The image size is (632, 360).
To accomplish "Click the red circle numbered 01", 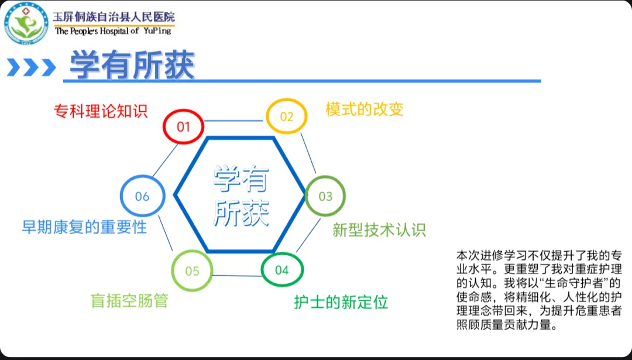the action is [184, 126].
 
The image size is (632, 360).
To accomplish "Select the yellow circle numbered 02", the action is [286, 116].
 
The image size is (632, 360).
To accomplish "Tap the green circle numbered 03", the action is [325, 196].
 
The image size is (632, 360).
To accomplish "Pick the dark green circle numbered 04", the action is [281, 270].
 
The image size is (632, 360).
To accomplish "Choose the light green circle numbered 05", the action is [192, 271].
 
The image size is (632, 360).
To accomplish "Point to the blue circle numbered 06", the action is [142, 196].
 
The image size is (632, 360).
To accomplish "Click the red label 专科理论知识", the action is [101, 111].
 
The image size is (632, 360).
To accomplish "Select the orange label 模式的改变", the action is [365, 109].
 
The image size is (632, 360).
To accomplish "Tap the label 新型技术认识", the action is [379, 229].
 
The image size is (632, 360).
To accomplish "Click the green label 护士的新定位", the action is [341, 303].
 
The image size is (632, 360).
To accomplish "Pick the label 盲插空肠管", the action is [129, 300].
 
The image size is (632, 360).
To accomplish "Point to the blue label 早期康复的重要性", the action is [84, 227].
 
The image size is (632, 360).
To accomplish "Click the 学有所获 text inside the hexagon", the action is [241, 196].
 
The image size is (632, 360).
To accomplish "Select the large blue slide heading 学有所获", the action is [132, 66].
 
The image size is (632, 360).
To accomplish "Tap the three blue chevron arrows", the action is [31, 67].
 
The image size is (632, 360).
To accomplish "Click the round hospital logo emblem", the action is [27, 23].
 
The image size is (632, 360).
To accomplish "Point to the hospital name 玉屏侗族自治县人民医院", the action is [114, 17].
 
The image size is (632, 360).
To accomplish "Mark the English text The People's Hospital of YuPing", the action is [114, 31].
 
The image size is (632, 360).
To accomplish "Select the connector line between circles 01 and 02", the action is [235, 121].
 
